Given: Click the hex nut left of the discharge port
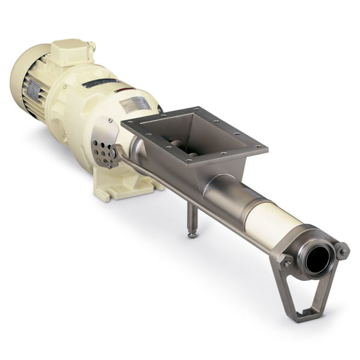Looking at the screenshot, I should (x=287, y=262).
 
